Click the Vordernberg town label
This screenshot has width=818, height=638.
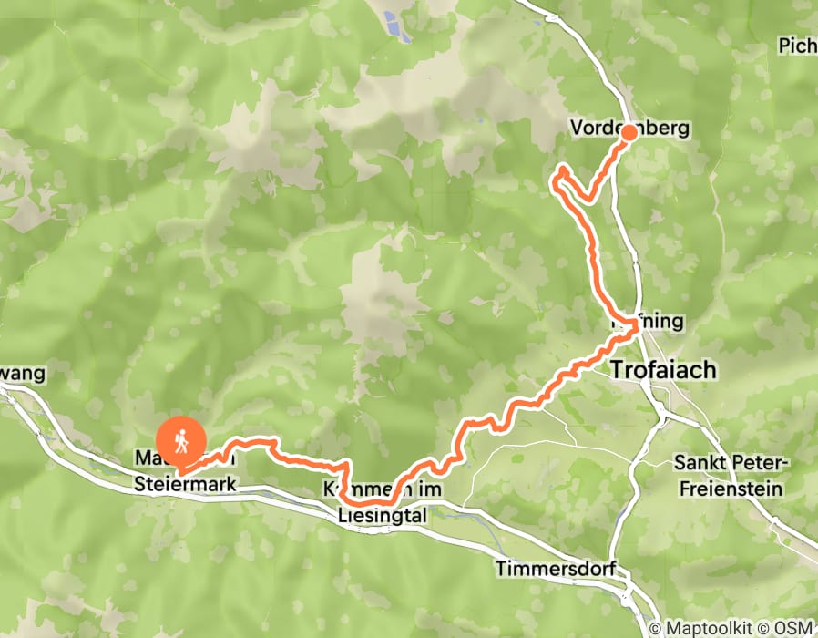pyautogui.click(x=629, y=129)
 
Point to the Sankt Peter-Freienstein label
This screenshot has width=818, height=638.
pyautogui.click(x=728, y=476)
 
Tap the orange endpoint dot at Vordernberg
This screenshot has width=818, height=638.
pyautogui.click(x=629, y=133)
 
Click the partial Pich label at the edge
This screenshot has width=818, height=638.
pyautogui.click(x=798, y=45)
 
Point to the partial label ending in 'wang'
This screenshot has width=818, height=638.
pyautogui.click(x=22, y=374)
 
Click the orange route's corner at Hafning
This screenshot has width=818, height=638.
pyautogui.click(x=634, y=329)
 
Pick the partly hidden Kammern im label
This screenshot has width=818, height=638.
pyautogui.click(x=383, y=490)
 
